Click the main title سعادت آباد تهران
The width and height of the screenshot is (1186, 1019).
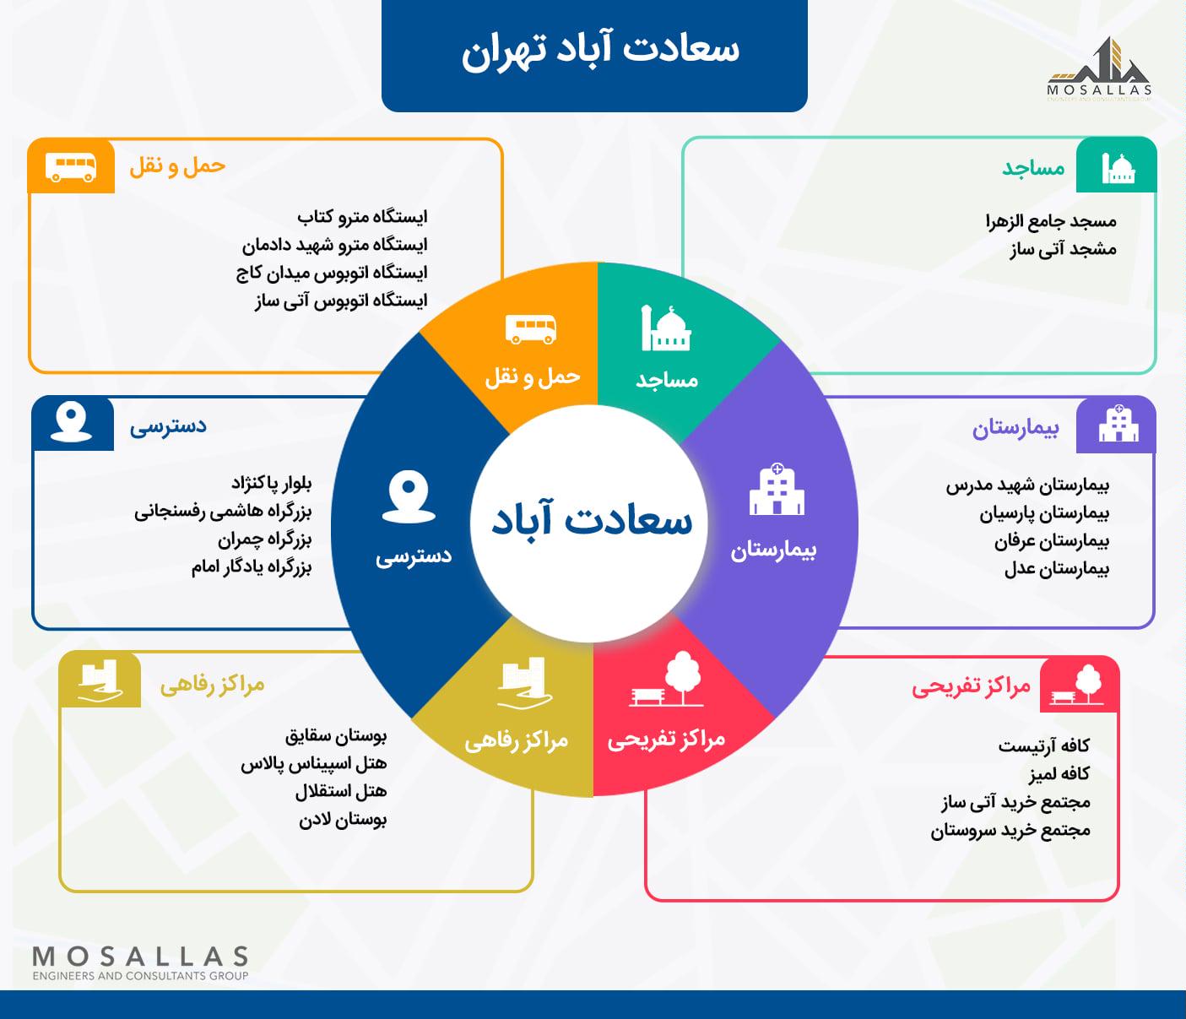(x=600, y=51)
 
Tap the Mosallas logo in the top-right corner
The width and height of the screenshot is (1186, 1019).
(x=1099, y=69)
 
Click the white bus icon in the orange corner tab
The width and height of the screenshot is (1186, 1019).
(x=71, y=167)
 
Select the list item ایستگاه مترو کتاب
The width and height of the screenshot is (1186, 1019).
(x=362, y=217)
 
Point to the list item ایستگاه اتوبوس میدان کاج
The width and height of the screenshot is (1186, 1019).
(x=332, y=273)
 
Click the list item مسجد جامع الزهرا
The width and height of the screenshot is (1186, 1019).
(x=1051, y=221)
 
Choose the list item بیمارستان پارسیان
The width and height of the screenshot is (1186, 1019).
(x=1043, y=513)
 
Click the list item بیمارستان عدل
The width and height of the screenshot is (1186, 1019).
(x=1056, y=569)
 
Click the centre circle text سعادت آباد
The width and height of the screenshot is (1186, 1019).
(x=592, y=520)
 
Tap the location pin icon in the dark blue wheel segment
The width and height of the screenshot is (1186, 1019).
(x=409, y=497)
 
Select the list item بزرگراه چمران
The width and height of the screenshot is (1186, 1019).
(x=264, y=540)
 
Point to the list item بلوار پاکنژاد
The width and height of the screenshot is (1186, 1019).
(x=272, y=484)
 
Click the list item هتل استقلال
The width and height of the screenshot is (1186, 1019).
(x=341, y=792)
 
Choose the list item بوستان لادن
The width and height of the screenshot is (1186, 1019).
(x=343, y=820)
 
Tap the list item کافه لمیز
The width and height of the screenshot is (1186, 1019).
(x=1059, y=774)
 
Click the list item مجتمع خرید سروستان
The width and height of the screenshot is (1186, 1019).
(x=1010, y=830)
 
